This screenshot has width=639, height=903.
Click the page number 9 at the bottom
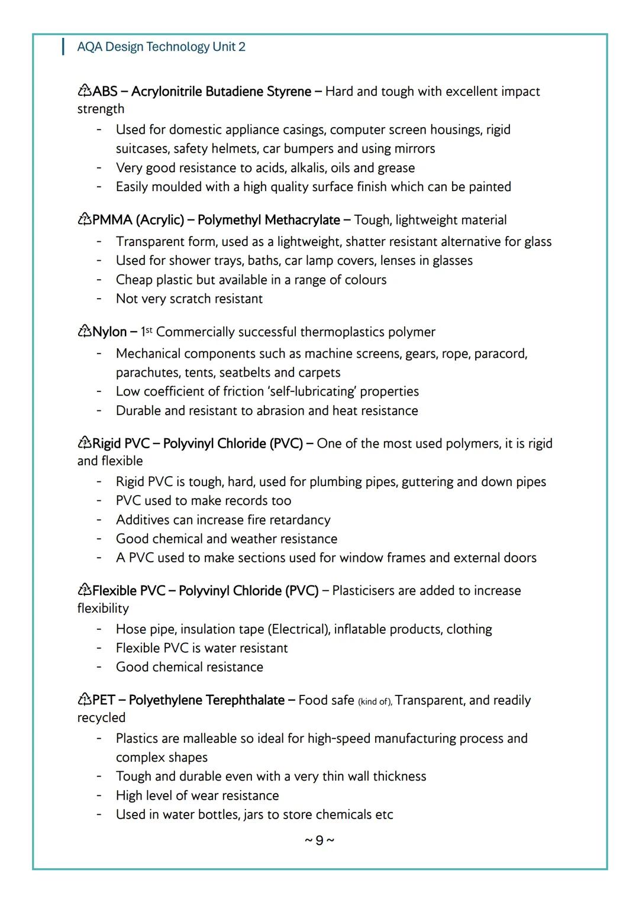coord(319,840)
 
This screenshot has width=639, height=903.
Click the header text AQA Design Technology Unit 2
coord(161,47)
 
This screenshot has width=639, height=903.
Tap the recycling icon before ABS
coord(84,91)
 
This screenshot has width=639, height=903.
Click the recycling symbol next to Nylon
coord(84,332)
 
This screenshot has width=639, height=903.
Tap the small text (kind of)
coord(375,701)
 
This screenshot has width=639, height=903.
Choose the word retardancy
coord(299,520)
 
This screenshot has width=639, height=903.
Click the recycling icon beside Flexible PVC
coord(84,590)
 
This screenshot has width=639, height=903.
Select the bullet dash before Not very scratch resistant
coord(99,299)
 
